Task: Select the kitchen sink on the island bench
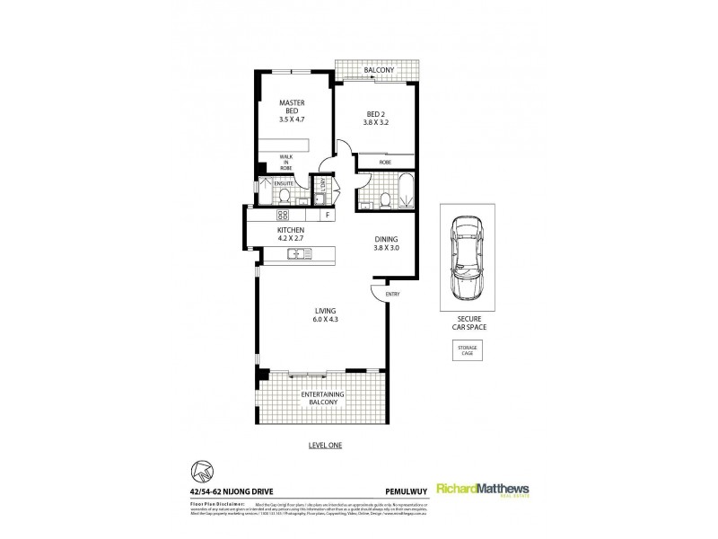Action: (x=295, y=254)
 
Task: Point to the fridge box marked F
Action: (x=328, y=216)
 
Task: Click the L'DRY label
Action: (x=319, y=187)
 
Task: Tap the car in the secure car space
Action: (x=466, y=261)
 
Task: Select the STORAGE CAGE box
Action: (x=466, y=351)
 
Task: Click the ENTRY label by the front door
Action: (x=392, y=295)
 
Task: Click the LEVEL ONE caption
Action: (x=325, y=446)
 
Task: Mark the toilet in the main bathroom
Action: (x=383, y=199)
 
